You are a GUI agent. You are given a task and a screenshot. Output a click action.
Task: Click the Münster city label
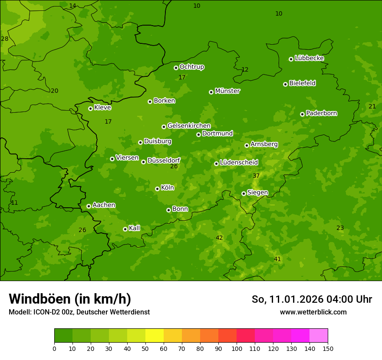tap(227, 91)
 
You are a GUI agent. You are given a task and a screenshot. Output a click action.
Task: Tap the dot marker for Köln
tap(157, 189)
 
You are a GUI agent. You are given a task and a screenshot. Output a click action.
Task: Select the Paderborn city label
tap(322, 113)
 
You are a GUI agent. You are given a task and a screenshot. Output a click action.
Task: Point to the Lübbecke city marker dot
tap(291, 59)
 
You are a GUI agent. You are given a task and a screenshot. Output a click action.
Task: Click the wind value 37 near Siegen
tap(256, 176)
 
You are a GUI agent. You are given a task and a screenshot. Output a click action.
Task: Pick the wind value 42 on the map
tap(219, 238)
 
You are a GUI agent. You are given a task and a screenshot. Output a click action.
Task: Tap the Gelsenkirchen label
tap(189, 126)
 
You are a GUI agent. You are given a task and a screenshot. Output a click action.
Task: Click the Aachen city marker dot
tap(89, 206)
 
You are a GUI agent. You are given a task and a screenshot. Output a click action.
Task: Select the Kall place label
tap(135, 228)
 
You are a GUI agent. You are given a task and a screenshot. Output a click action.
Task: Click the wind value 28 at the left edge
tap(5, 39)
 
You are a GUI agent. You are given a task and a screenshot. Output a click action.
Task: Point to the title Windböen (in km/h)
tap(70, 299)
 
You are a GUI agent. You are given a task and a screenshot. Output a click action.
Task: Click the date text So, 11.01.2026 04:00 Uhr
tap(312, 299)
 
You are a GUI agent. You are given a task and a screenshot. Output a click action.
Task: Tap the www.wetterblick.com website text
tap(313, 312)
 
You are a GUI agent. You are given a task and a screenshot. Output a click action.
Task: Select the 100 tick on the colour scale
tap(237, 348)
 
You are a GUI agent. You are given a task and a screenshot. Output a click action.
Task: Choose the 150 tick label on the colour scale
tap(328, 348)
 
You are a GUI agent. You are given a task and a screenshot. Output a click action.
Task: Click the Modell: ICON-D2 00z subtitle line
tap(79, 312)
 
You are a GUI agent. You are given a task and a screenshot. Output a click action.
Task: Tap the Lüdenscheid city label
tap(239, 163)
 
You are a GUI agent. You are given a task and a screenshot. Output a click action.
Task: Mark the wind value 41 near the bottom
tap(277, 259)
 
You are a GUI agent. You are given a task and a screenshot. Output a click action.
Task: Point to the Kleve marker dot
tap(90, 108)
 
